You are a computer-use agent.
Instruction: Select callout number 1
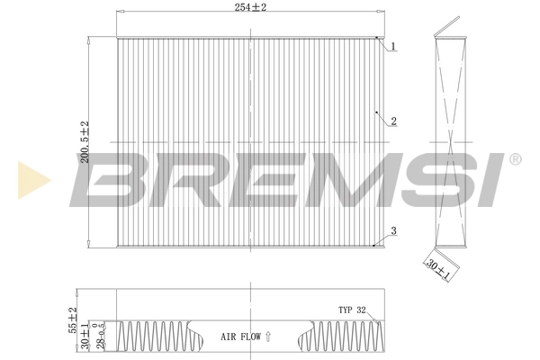tap(394, 45)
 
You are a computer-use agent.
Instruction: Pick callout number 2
tap(394, 120)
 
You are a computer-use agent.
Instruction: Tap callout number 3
tap(394, 231)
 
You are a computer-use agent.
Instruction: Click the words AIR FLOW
tap(240, 337)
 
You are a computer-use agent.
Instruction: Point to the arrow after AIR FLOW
tap(268, 336)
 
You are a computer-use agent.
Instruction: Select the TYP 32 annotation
tap(351, 309)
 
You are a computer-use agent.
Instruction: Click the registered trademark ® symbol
tap(514, 159)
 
